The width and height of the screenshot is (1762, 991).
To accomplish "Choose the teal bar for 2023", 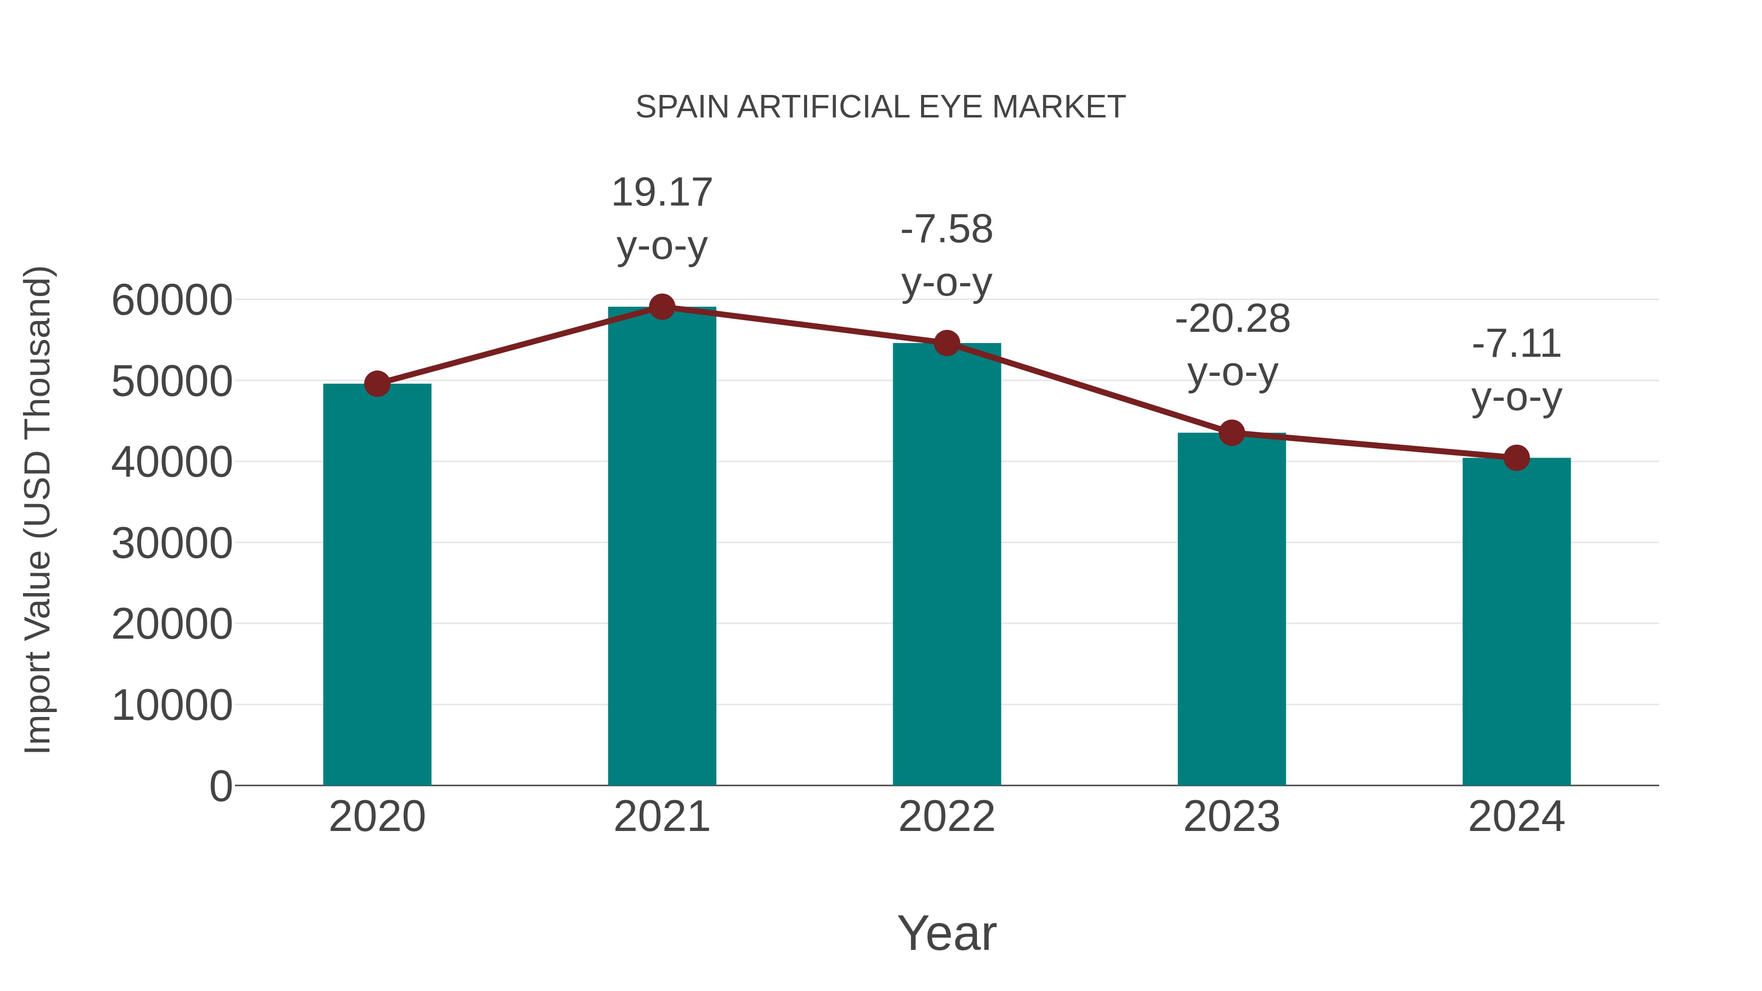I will [x=1231, y=609].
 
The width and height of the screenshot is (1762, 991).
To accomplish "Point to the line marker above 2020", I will [x=377, y=384].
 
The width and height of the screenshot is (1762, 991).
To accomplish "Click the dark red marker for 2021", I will [x=661, y=307].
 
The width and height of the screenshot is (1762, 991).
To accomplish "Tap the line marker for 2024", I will [x=1516, y=458].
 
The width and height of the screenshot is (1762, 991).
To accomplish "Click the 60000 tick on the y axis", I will [x=172, y=300].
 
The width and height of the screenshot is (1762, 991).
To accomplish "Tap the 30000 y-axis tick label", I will [x=172, y=544].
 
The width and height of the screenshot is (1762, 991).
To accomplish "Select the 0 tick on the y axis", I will [x=220, y=786].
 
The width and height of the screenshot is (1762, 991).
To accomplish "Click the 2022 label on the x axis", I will [x=946, y=817].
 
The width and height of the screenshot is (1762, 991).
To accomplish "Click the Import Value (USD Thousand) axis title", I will [x=38, y=509].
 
